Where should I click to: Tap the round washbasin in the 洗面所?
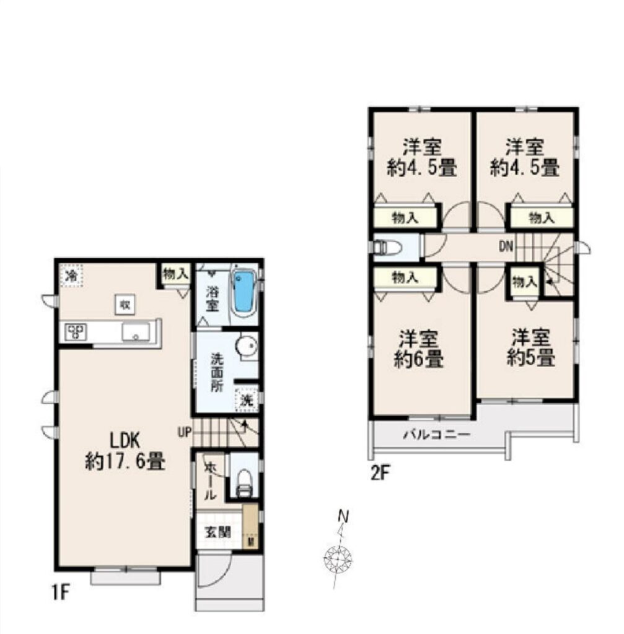point(247,346)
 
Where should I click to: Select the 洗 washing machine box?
point(246,399)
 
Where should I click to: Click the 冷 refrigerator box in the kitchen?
point(71,276)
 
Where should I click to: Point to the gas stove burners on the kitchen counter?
point(76,332)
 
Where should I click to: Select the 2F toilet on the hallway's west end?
point(387,246)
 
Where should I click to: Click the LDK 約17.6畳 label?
point(125,451)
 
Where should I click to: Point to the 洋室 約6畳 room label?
point(418,349)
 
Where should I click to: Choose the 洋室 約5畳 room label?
point(530,348)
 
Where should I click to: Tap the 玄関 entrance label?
point(218,532)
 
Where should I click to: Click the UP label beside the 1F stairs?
point(184,432)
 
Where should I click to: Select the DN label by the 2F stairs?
point(506,246)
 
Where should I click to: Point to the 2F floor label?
point(380,472)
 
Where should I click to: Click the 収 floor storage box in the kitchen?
point(125,305)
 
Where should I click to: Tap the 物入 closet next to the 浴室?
point(175,275)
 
